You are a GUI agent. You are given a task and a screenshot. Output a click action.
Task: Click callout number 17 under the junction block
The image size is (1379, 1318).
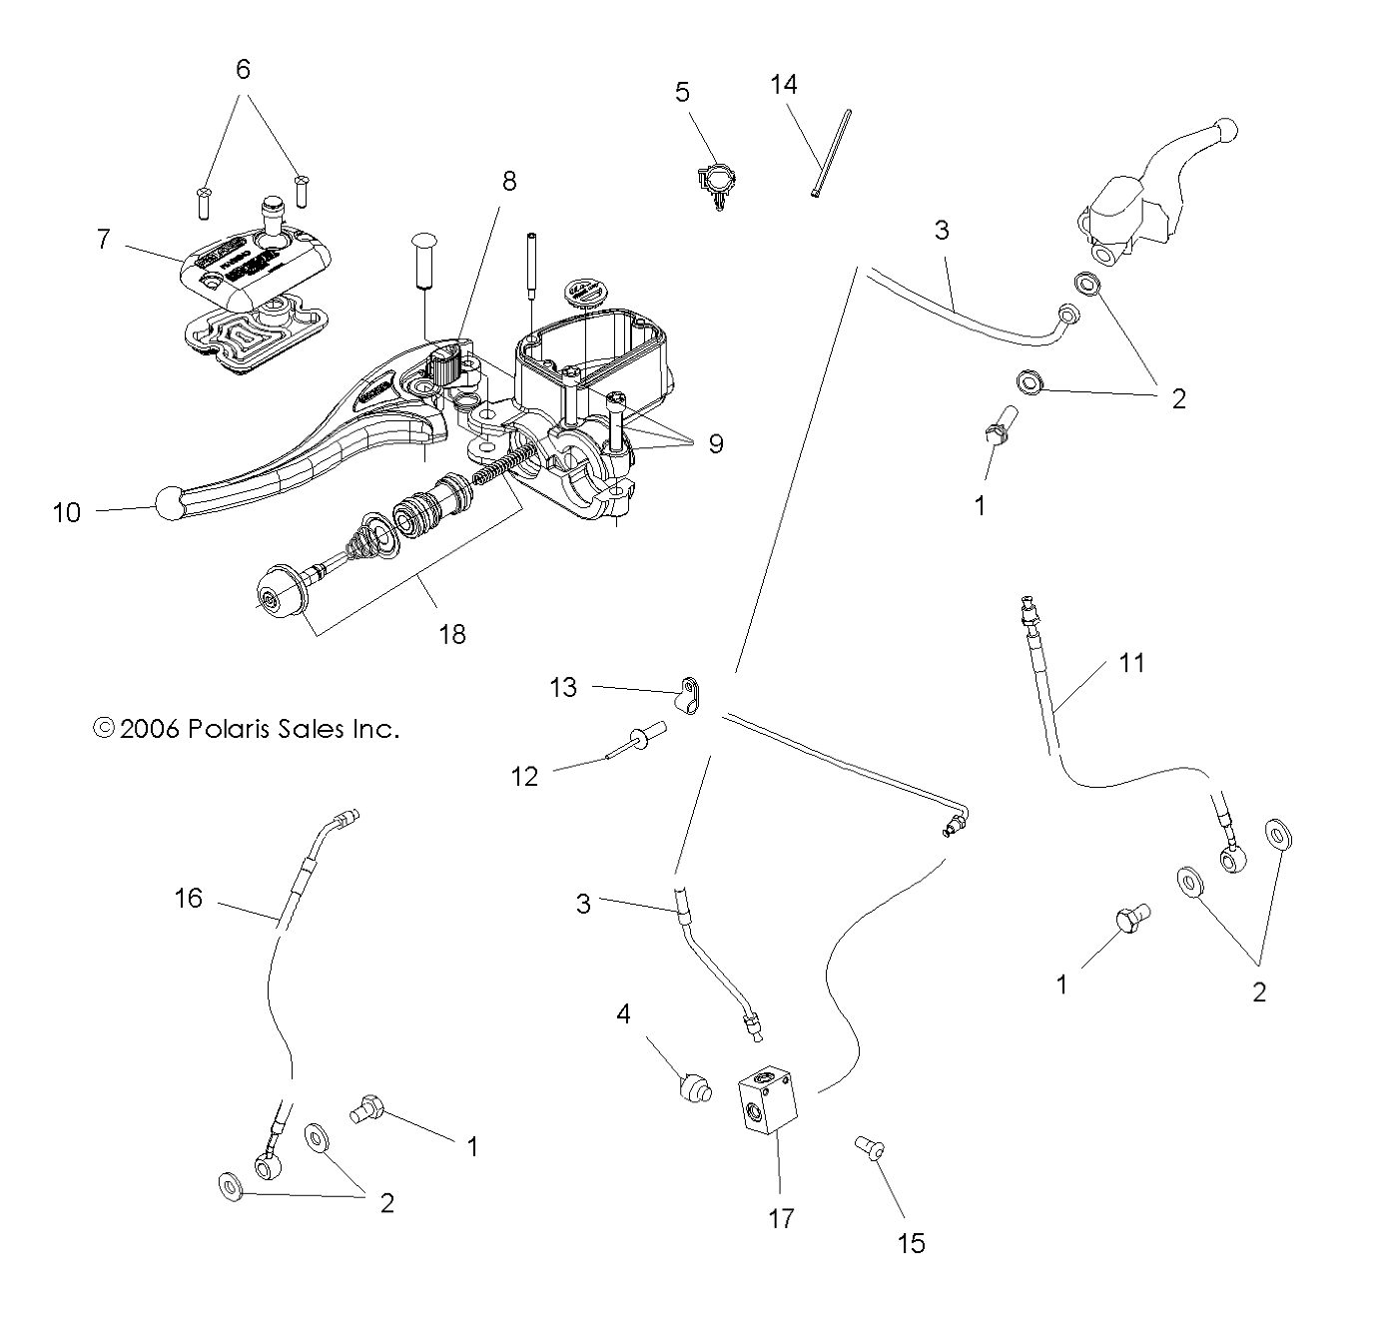pos(782,1218)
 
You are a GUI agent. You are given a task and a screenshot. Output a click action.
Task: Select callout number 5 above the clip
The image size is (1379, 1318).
pos(682,93)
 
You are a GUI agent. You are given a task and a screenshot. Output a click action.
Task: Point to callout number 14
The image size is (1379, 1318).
pos(784,84)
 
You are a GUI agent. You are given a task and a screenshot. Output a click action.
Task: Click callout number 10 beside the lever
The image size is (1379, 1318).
pos(67,513)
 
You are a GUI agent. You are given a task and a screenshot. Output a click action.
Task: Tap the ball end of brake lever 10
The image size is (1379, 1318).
pos(170,501)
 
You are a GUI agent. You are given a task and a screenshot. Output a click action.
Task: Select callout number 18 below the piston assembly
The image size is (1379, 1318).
pos(452,635)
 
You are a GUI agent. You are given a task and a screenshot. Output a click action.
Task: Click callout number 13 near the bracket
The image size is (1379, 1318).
pos(564,688)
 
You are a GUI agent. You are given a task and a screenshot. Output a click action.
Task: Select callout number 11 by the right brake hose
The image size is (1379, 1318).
pos(1132,662)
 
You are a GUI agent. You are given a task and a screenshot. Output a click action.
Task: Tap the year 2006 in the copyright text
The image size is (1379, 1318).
pos(149,729)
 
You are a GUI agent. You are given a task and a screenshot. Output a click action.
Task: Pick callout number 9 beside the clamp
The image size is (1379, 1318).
pos(716,443)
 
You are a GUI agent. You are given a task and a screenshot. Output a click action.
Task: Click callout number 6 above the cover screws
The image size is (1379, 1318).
pos(243,69)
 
